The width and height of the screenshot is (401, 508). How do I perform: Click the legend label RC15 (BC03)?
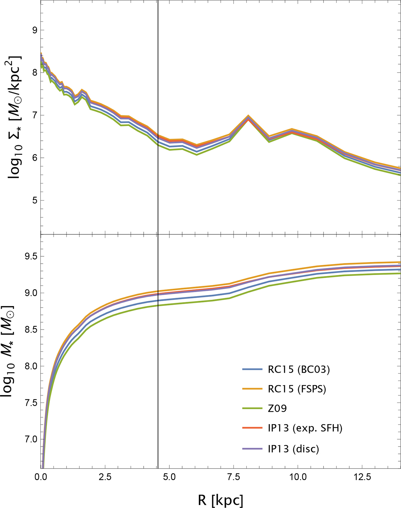[x=298, y=369]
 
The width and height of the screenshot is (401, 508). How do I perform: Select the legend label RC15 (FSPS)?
[x=297, y=389]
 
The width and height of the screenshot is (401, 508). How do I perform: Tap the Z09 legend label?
[x=277, y=408]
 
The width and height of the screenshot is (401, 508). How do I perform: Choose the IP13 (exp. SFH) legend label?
[x=305, y=428]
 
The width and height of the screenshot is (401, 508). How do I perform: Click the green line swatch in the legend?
[x=252, y=408]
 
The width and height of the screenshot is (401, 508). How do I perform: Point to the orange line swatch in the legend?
[x=252, y=389]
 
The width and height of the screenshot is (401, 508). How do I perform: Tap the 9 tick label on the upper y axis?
[x=35, y=30]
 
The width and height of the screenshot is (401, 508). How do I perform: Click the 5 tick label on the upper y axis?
[x=35, y=201]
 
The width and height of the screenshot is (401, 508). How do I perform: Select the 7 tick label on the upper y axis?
[x=35, y=115]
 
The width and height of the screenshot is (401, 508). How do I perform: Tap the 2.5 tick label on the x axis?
[x=105, y=477]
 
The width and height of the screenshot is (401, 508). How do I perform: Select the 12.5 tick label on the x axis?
[x=362, y=477]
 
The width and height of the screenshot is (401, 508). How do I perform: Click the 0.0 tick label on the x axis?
[x=41, y=477]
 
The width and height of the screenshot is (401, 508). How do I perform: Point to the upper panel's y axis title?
[x=14, y=117]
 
